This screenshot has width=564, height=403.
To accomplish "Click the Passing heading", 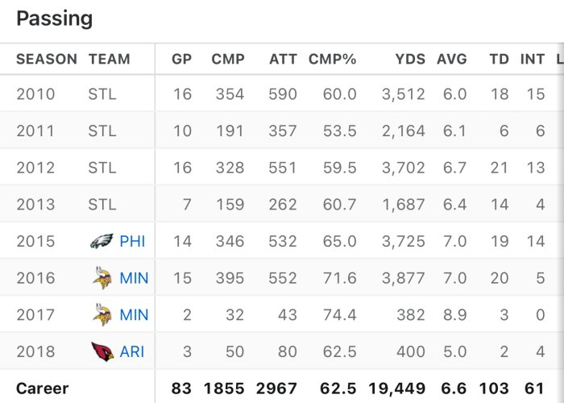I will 55,19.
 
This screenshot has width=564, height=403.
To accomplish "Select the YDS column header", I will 410,59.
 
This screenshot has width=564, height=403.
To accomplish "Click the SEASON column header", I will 47,59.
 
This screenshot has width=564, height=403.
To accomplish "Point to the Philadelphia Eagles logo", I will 102,241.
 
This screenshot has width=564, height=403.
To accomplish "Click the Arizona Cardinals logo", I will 102,351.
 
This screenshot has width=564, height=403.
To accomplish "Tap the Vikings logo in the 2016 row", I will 102,278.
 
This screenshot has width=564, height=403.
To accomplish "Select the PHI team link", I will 132,241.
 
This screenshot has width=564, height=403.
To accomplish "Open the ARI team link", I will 132,351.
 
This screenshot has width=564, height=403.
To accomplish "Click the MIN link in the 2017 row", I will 134,314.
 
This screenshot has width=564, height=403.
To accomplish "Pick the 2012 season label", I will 35,168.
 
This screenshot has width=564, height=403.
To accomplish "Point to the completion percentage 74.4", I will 339,314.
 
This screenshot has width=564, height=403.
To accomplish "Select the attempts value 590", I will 283,94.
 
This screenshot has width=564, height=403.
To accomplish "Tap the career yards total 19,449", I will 397,388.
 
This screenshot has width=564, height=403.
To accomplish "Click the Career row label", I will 43,388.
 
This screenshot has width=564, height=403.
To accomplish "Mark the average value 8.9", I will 454,314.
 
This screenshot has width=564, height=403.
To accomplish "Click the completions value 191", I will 229,131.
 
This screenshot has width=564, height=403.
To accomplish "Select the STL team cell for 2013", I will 102,205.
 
